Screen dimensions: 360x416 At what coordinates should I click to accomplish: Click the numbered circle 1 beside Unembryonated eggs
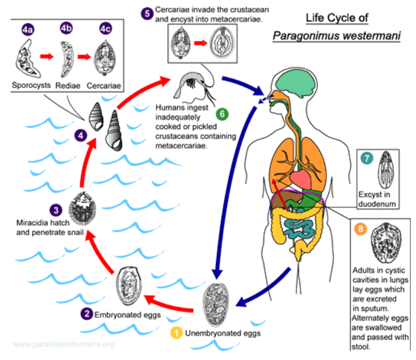pos(177,334)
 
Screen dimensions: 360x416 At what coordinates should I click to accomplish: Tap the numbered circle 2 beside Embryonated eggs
pos(87,313)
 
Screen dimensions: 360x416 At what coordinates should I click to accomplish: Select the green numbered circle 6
pos(222,114)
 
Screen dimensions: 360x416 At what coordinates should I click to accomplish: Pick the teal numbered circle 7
pos(366,159)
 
